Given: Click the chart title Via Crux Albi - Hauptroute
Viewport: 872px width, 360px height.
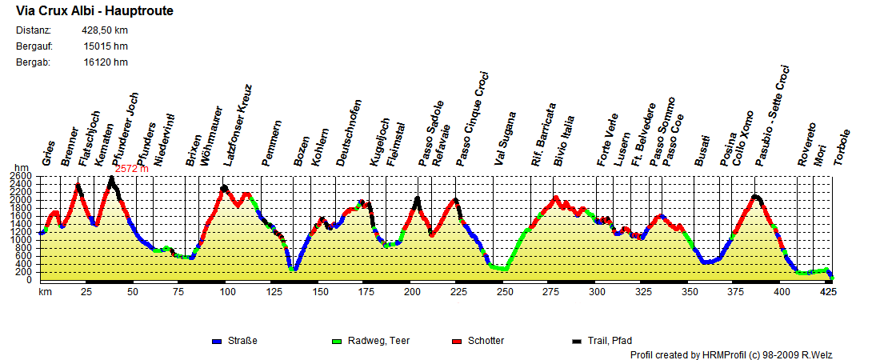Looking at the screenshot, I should pyautogui.click(x=94, y=12).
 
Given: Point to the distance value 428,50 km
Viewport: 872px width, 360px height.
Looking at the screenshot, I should pyautogui.click(x=105, y=30).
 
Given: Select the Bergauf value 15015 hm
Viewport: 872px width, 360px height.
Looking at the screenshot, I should pyautogui.click(x=105, y=46).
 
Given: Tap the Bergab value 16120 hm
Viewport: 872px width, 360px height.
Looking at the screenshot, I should pyautogui.click(x=105, y=62).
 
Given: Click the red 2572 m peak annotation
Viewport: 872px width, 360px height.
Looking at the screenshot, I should pyautogui.click(x=132, y=170).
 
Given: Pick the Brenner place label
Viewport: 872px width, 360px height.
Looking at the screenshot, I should pyautogui.click(x=70, y=146).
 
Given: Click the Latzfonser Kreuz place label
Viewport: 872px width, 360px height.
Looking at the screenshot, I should pyautogui.click(x=238, y=125).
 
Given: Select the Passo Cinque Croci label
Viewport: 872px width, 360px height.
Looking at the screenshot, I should pyautogui.click(x=473, y=118).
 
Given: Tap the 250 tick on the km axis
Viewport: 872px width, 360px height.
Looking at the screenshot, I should pyautogui.click(x=505, y=292).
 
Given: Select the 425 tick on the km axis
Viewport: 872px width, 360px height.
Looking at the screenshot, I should pyautogui.click(x=830, y=292).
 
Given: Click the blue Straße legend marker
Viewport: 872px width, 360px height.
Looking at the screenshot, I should pyautogui.click(x=216, y=341).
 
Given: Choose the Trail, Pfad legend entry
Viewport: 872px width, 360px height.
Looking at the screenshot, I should pyautogui.click(x=608, y=341).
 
